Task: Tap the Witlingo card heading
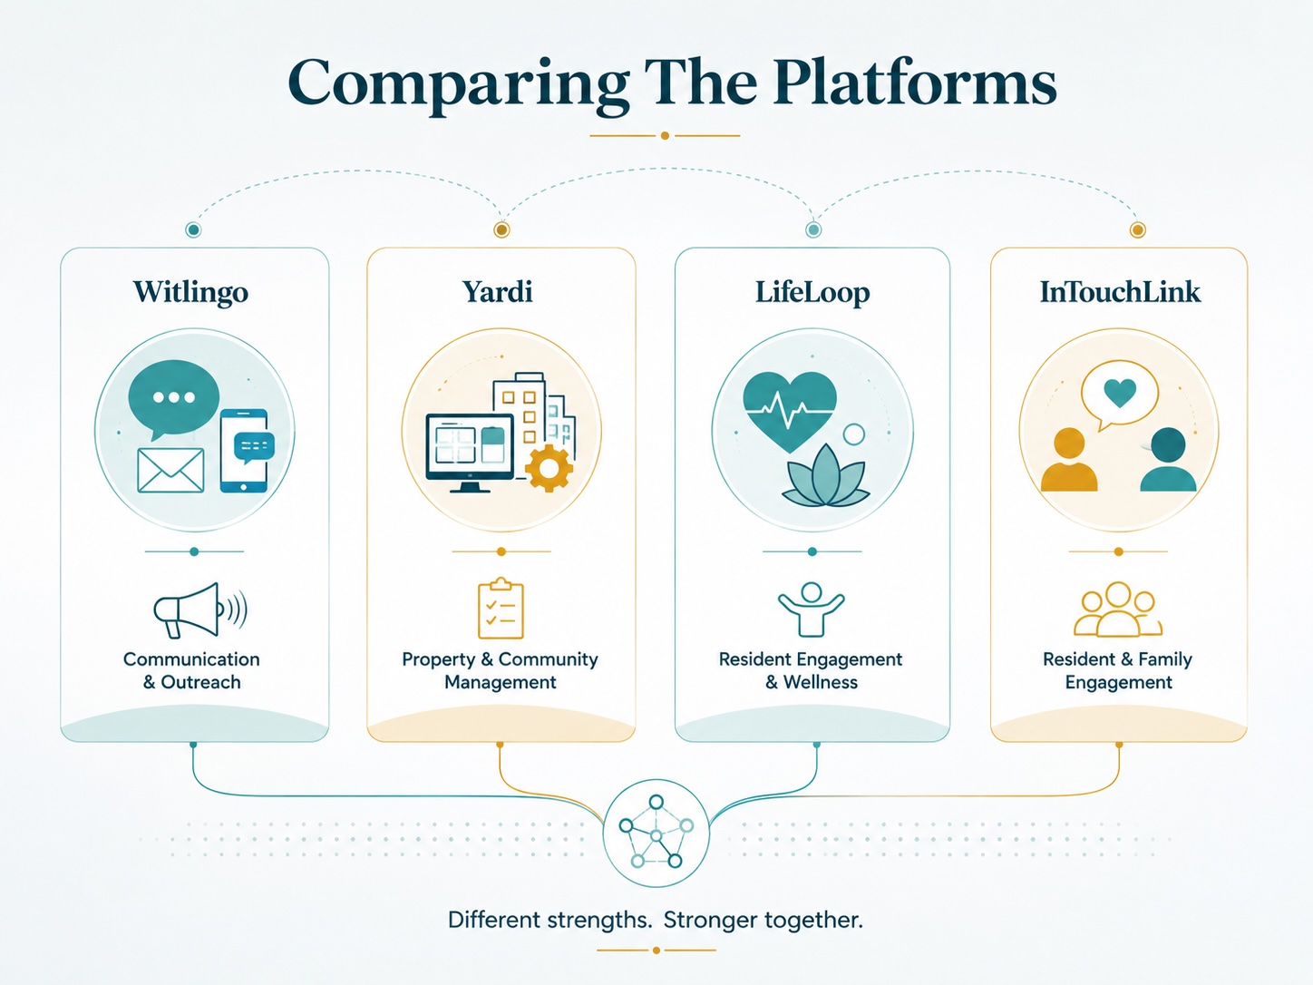pos(190,292)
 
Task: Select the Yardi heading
pos(498,292)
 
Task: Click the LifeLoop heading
pos(812,292)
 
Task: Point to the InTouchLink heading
pos(1120,292)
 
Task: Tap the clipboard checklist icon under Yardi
pos(501,609)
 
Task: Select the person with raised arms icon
pos(812,610)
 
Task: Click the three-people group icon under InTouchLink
pos(1117,610)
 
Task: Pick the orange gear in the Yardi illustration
pos(549,468)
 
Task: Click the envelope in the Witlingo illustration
pos(170,471)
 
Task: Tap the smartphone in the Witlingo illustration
pos(244,451)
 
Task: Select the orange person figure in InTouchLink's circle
pos(1069,460)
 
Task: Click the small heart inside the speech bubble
pos(1120,393)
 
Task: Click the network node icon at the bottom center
pos(656,834)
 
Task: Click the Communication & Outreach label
pos(191,670)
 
